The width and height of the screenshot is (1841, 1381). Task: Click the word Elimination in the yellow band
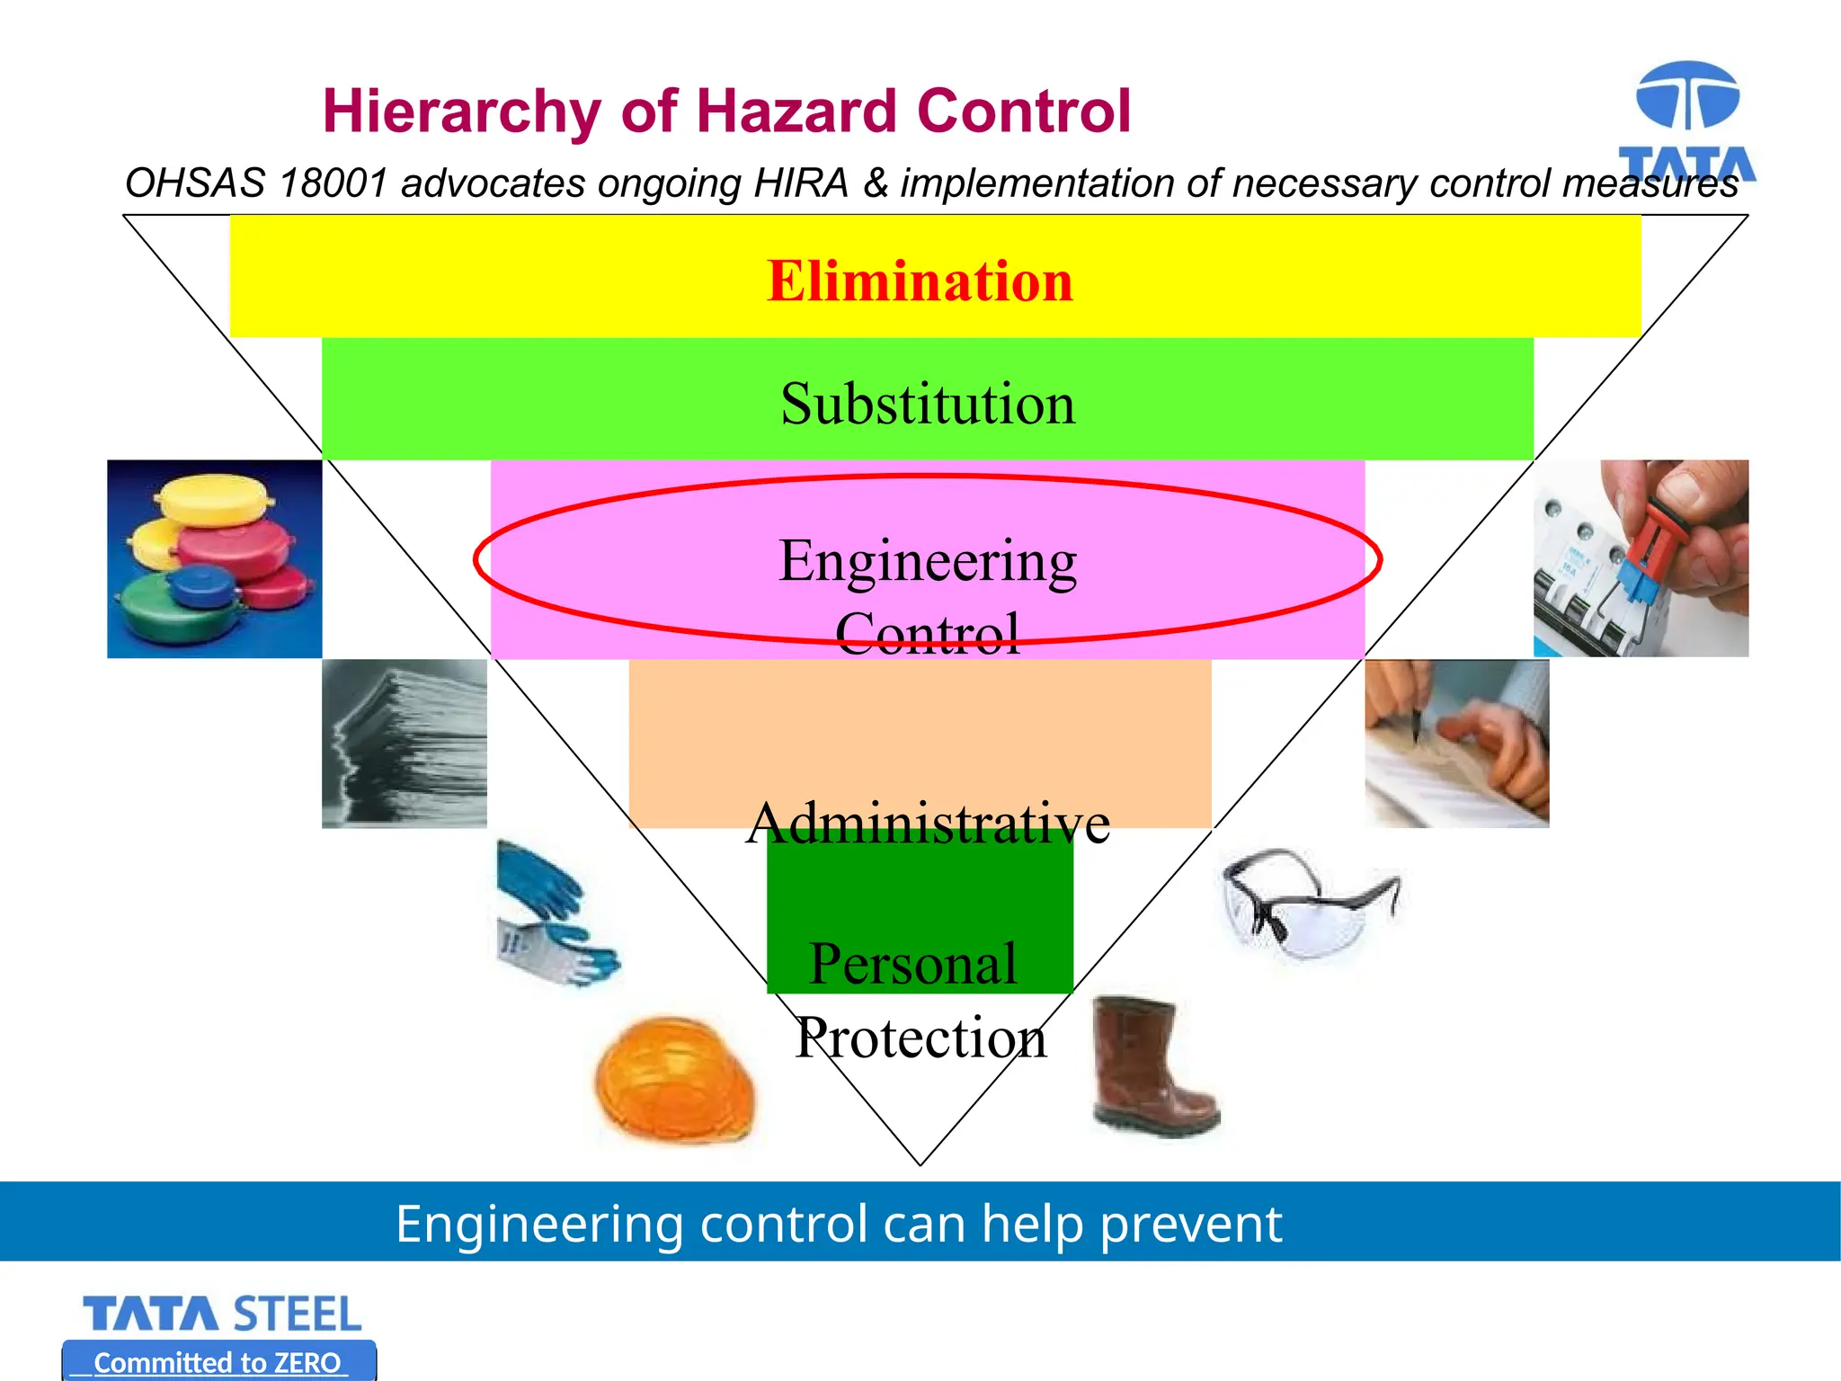point(920,281)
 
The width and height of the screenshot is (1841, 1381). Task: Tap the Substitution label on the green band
point(928,404)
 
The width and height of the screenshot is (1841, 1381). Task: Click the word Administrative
point(928,823)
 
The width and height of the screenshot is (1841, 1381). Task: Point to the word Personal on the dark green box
point(912,964)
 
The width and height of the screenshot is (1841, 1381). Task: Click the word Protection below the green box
point(921,1038)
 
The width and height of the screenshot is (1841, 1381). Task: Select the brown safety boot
point(1152,1066)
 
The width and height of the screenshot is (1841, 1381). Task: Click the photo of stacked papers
point(405,744)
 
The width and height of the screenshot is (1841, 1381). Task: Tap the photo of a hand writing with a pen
point(1456,744)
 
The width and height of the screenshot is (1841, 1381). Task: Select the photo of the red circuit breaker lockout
point(1641,558)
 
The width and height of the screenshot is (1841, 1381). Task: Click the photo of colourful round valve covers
point(215,558)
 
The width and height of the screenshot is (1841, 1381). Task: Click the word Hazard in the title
point(796,111)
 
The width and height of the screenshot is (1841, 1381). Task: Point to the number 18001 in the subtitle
point(333,183)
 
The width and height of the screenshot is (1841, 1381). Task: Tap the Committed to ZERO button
point(218,1361)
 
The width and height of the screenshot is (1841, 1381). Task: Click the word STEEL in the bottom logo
point(298,1315)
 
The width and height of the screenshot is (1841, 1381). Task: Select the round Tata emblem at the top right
point(1687,96)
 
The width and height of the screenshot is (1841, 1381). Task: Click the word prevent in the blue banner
point(1190,1225)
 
